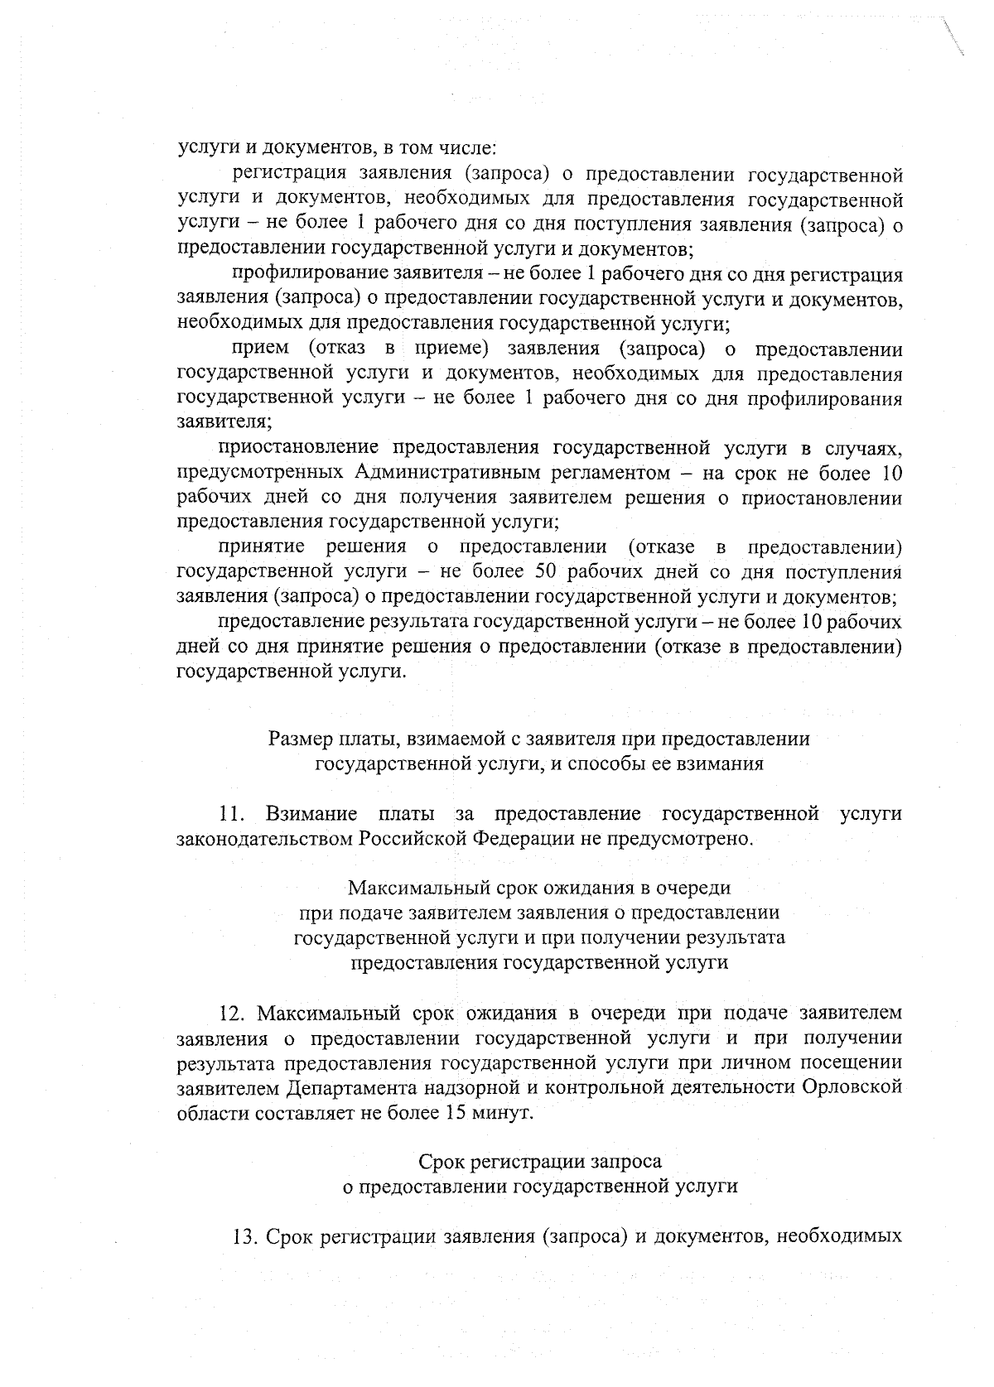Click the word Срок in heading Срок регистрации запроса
442,1162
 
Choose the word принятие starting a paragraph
261,547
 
